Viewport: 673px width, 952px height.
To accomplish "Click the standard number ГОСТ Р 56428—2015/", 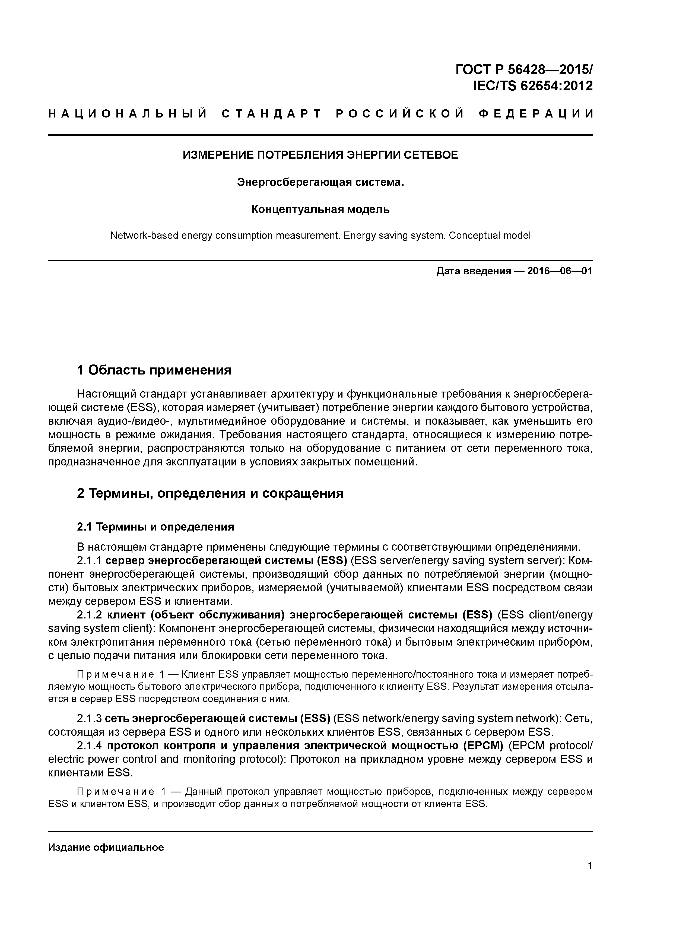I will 524,69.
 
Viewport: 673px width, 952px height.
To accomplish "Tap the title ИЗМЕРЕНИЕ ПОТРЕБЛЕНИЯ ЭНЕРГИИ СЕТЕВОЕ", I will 320,155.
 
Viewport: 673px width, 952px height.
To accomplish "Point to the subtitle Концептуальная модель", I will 320,210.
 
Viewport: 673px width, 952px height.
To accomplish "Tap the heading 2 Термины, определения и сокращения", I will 210,493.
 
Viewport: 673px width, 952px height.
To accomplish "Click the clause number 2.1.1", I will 89,561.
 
